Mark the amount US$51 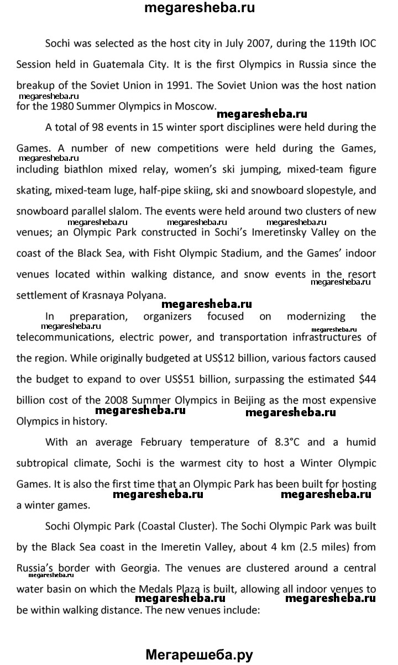(x=234, y=380)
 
